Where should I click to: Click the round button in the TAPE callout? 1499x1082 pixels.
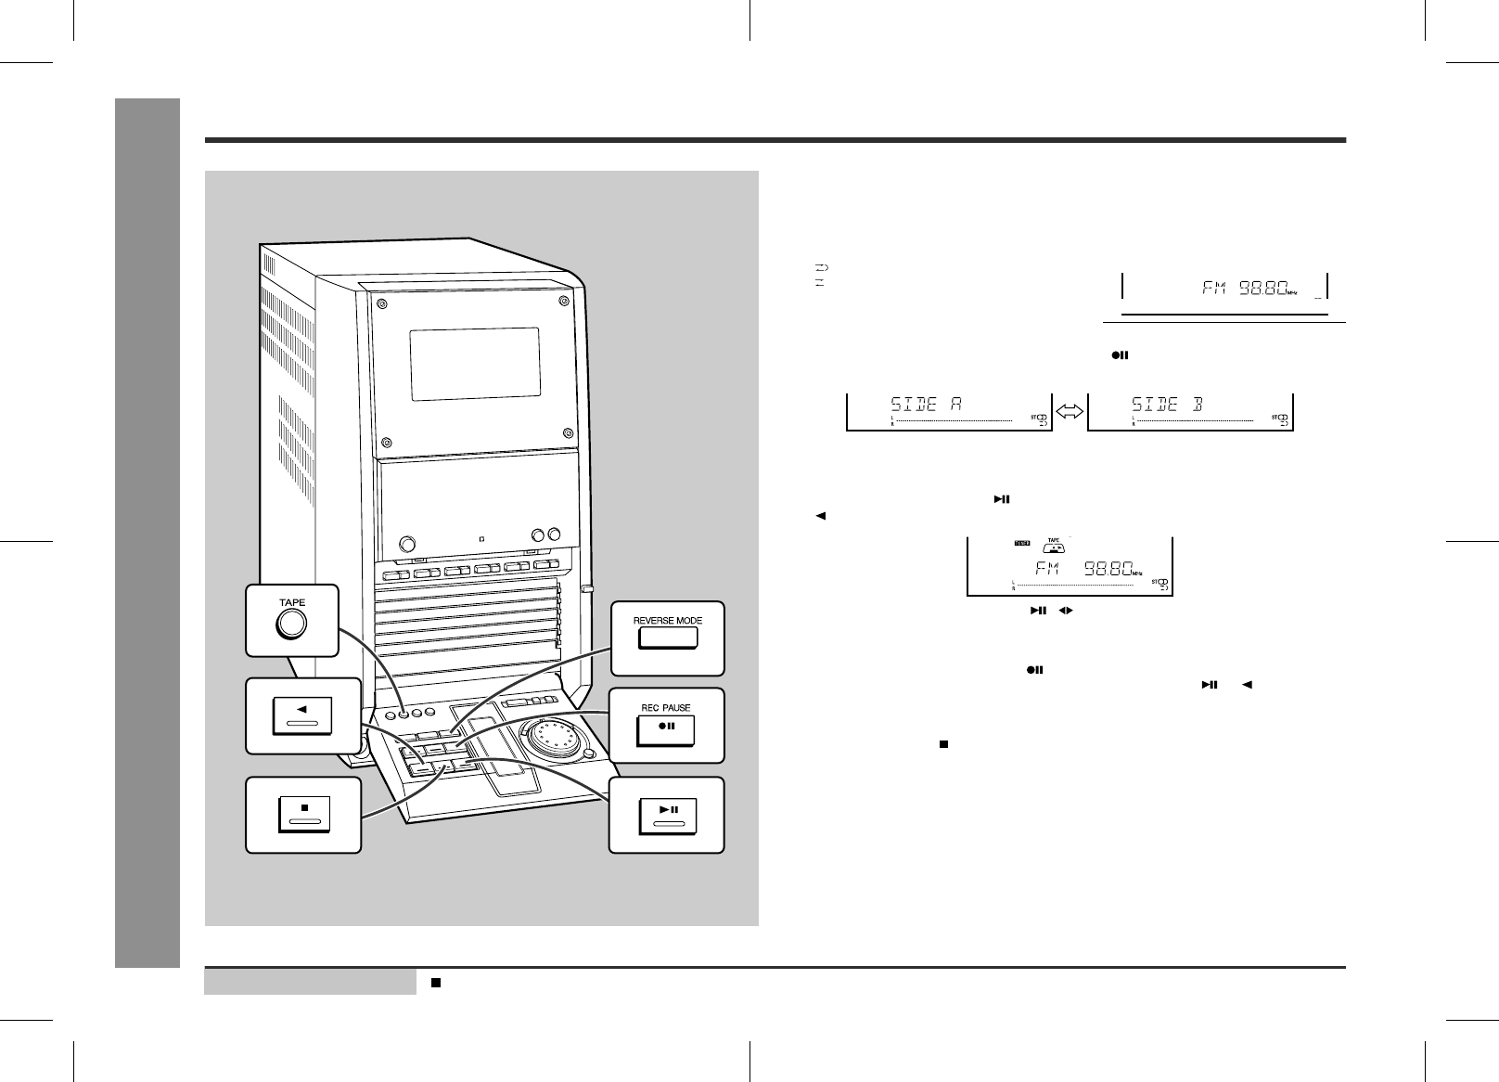click(291, 625)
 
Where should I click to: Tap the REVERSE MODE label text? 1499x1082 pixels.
click(667, 620)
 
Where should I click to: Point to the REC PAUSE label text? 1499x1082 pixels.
click(666, 707)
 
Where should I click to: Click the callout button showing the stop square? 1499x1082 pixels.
click(303, 814)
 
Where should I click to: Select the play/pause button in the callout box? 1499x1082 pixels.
click(667, 814)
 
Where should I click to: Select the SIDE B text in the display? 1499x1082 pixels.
click(1166, 405)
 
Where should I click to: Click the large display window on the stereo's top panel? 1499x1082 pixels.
click(475, 363)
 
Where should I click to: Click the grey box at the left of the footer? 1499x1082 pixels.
click(310, 982)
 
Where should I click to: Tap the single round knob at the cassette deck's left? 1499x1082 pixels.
click(406, 544)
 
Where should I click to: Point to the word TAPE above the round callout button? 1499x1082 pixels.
click(292, 602)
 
